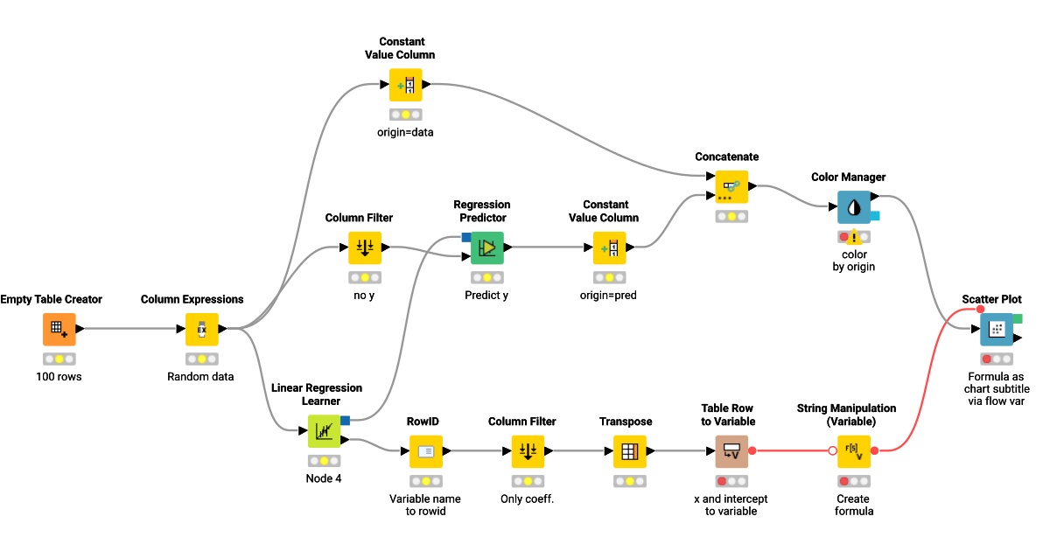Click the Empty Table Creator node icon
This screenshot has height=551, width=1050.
click(59, 330)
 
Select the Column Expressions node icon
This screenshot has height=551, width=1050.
click(201, 330)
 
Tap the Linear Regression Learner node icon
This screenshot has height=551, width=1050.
click(324, 431)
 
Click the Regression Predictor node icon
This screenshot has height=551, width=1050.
click(487, 248)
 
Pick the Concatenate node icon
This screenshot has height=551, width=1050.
click(731, 187)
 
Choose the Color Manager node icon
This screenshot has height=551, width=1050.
click(854, 207)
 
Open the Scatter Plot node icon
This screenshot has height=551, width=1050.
click(996, 330)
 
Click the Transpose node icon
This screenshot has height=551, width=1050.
click(629, 452)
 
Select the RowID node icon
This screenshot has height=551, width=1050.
click(426, 452)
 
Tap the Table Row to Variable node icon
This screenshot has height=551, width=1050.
click(731, 452)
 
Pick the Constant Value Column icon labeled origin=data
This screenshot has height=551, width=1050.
click(406, 85)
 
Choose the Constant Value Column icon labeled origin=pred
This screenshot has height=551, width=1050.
click(609, 248)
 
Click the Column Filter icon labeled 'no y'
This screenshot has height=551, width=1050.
click(365, 248)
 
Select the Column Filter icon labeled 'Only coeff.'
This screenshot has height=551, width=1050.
click(528, 452)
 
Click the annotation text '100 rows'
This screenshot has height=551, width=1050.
click(59, 377)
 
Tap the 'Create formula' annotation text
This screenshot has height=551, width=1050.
click(854, 505)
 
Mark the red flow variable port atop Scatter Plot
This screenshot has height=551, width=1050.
click(980, 309)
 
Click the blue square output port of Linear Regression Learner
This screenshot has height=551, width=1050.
click(345, 421)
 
